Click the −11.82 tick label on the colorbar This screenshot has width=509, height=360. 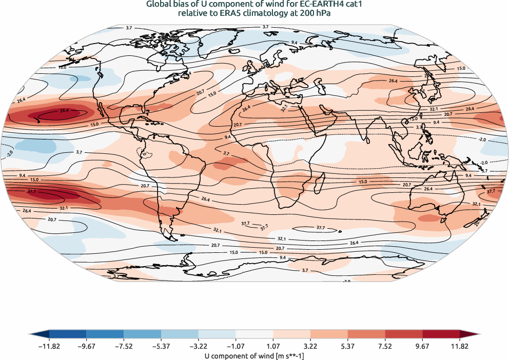(x=49, y=347)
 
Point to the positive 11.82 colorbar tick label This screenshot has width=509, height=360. (x=459, y=347)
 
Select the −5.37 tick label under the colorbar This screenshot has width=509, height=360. (x=161, y=347)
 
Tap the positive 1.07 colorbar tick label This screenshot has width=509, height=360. (x=273, y=347)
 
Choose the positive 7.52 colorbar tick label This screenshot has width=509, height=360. (x=385, y=347)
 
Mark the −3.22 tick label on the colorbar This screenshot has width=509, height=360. (x=199, y=347)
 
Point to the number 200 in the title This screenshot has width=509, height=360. (x=297, y=14)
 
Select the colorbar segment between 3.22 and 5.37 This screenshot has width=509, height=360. (x=329, y=334)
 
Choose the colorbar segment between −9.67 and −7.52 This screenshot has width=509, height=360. (x=105, y=334)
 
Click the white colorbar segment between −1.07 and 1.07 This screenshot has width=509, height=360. (x=254, y=334)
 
